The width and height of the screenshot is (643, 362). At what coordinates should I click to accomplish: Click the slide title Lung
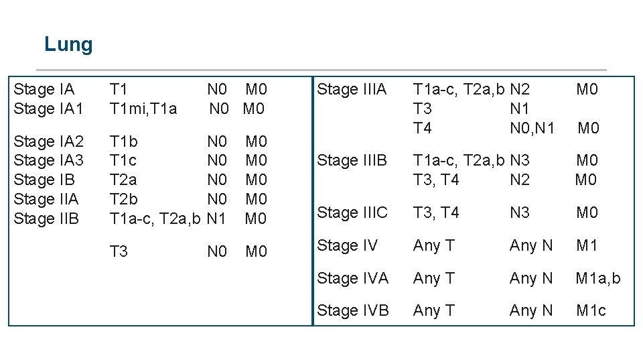[68, 45]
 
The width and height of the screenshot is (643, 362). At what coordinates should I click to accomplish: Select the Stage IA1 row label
[48, 109]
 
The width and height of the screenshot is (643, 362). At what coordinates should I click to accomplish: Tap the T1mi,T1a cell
[143, 109]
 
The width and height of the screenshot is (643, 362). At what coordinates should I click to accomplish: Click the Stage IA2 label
[48, 141]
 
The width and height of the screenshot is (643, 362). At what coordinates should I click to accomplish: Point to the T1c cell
[123, 161]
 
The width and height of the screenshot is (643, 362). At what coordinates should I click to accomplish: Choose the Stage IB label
[44, 180]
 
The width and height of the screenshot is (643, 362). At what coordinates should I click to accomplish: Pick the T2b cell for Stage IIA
[124, 199]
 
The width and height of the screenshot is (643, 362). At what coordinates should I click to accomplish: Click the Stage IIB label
[46, 219]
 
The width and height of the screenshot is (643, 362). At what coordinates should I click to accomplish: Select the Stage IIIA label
[352, 89]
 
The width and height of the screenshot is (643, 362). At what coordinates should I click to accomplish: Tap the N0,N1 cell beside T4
[532, 128]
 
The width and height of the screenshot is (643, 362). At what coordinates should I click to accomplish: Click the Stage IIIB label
[352, 161]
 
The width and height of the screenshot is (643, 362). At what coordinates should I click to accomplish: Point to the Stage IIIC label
[352, 213]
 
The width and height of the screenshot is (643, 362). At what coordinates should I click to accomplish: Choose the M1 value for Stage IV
[587, 245]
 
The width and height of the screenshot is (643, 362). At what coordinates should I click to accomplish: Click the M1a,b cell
[598, 278]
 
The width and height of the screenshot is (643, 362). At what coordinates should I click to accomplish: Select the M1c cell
[591, 310]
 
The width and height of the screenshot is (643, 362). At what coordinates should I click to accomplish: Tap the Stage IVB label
[352, 310]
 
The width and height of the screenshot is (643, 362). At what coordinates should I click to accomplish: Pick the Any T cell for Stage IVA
[433, 278]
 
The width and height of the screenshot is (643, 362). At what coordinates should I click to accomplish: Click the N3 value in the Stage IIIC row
[520, 213]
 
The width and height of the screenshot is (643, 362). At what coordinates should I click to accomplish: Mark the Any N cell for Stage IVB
[531, 310]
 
